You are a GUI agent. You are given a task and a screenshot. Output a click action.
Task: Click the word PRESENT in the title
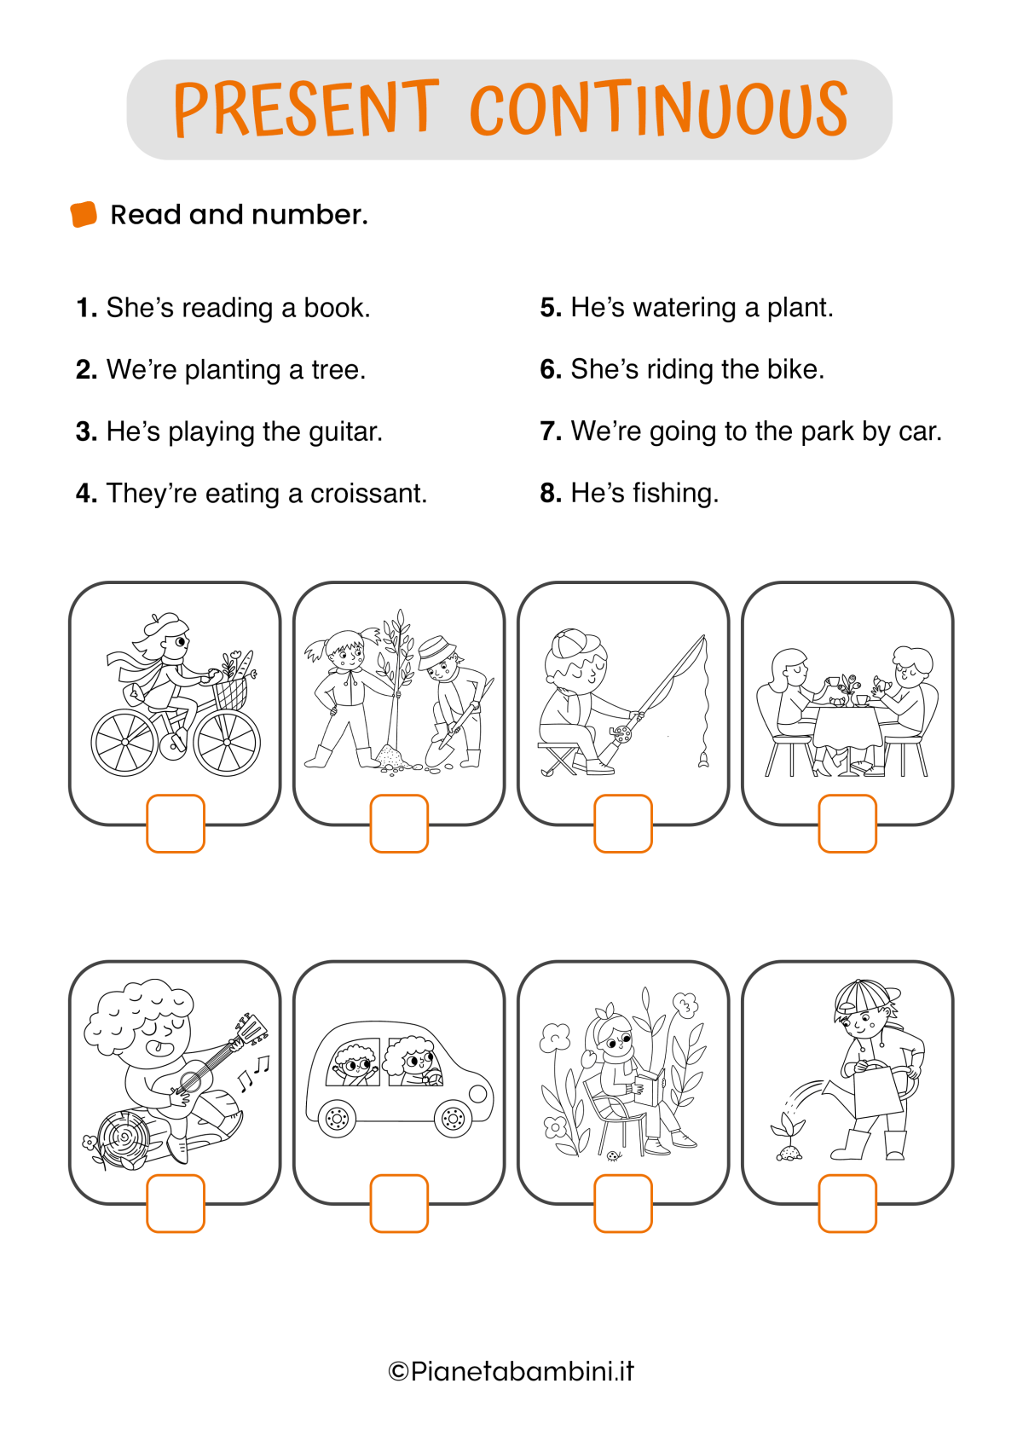click(306, 108)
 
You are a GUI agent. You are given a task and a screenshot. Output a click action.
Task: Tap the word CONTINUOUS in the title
click(659, 108)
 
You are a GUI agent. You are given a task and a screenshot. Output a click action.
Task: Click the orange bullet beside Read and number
click(84, 215)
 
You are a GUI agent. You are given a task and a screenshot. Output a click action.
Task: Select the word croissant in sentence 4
click(368, 494)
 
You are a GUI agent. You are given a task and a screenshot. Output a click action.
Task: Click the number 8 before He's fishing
click(551, 494)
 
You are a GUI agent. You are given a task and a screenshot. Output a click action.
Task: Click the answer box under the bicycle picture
click(176, 824)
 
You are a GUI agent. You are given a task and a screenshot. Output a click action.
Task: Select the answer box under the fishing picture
click(623, 824)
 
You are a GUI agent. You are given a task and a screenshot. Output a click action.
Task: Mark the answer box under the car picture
click(399, 1203)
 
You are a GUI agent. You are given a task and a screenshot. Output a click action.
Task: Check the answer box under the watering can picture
click(847, 1203)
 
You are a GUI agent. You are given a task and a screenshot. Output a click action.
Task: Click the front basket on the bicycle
click(230, 692)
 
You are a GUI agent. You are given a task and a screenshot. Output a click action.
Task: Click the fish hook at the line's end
click(703, 760)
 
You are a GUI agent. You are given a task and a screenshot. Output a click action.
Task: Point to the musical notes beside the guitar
click(253, 1073)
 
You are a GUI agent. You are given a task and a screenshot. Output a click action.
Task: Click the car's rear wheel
click(337, 1118)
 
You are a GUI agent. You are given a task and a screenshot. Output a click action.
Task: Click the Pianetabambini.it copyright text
click(511, 1371)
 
